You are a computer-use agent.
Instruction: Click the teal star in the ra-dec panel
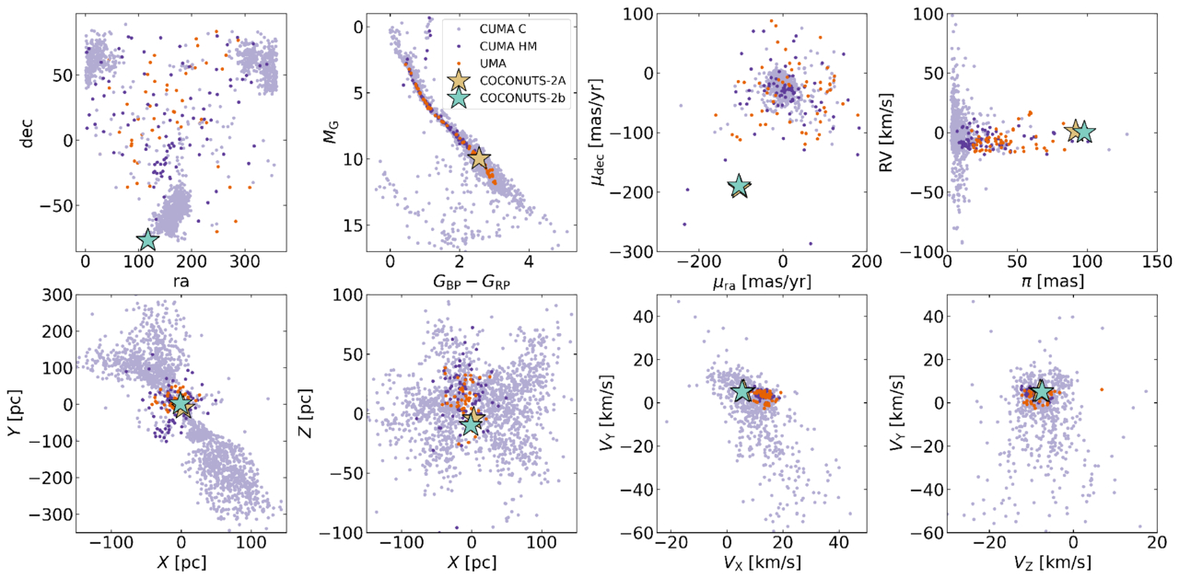[147, 240]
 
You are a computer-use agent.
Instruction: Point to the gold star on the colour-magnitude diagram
[479, 158]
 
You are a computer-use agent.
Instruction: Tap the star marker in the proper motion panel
[739, 187]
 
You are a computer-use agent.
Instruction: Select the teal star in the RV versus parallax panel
[1083, 132]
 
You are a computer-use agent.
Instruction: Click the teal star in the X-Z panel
[472, 423]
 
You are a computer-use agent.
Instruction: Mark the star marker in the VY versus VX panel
[742, 391]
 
